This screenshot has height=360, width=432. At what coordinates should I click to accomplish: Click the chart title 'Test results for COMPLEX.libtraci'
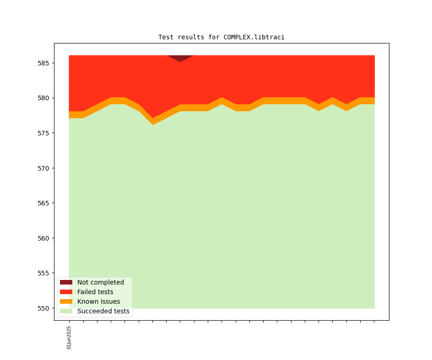tap(221, 37)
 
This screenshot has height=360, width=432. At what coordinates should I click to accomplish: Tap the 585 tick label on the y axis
tap(43, 63)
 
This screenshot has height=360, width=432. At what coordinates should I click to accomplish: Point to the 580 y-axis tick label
tap(43, 98)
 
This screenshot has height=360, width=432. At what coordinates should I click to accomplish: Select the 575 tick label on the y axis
tap(43, 133)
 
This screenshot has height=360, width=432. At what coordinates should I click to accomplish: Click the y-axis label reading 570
tap(43, 168)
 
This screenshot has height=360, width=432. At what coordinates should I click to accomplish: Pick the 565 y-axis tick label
tap(43, 203)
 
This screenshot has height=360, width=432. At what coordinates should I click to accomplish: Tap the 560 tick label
tap(43, 238)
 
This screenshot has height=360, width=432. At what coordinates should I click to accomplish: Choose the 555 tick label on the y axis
tap(43, 273)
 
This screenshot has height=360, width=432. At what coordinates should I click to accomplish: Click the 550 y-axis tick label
tap(43, 308)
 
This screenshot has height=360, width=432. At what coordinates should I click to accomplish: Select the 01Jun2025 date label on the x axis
tap(69, 338)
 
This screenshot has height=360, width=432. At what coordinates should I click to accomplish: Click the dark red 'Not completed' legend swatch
tap(66, 282)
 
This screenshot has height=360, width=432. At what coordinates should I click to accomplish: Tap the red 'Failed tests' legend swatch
tap(66, 292)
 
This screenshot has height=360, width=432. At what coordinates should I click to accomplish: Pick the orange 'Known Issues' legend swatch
tap(66, 301)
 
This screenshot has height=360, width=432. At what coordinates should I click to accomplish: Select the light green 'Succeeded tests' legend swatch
tap(66, 311)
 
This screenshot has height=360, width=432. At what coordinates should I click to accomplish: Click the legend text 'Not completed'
tap(101, 282)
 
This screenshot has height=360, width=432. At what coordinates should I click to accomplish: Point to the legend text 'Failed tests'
tap(95, 292)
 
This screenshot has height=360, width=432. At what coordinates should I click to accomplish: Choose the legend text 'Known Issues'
tap(98, 301)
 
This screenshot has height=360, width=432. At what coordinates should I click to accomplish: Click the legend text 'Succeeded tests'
tap(103, 311)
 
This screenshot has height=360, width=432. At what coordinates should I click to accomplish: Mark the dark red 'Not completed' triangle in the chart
tap(180, 58)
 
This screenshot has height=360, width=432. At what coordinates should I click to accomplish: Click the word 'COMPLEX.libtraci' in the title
tap(254, 37)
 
